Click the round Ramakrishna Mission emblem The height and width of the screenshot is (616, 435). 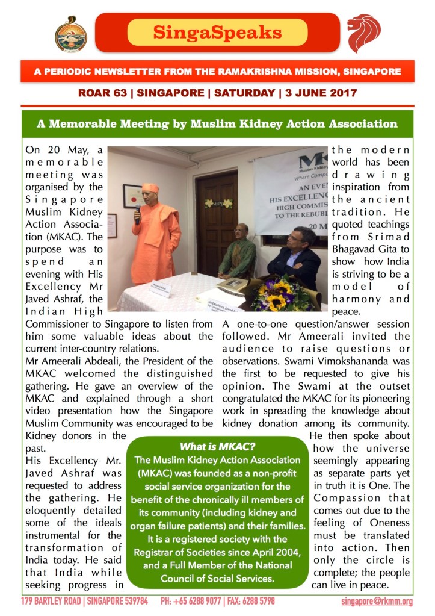71,33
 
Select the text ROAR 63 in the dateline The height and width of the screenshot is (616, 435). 102,93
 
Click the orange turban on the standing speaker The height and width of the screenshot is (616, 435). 150,188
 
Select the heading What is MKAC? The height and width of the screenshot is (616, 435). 218,447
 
